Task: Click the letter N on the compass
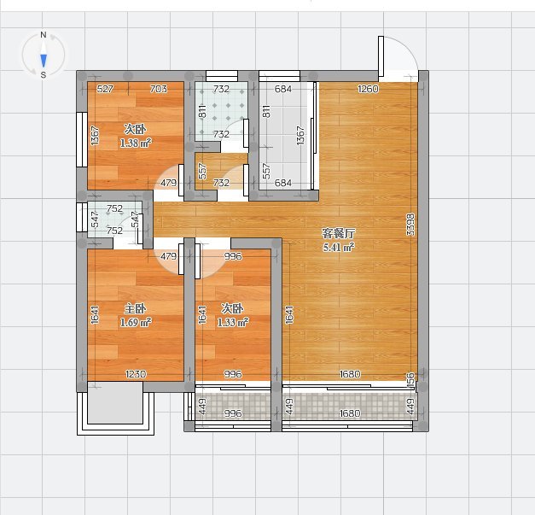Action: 44,34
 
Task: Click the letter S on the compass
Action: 44,75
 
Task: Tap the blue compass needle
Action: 44,61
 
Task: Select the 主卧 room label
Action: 136,308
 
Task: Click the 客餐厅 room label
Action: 339,234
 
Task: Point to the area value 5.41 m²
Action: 339,247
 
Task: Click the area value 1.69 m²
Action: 136,322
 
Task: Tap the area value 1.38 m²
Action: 136,143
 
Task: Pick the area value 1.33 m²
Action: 233,322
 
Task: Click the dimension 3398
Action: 410,225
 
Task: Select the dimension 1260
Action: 368,89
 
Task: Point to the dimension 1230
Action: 136,374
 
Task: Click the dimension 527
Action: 105,89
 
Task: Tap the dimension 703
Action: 159,89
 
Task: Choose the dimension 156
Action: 410,380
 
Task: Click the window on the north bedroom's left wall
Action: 82,140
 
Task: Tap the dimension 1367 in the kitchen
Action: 300,136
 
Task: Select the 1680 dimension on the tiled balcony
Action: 350,413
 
